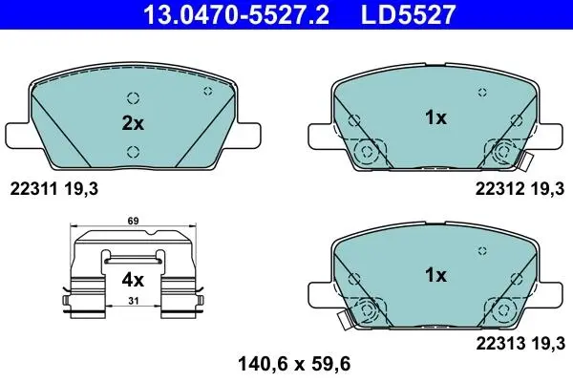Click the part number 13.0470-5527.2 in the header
(x=237, y=14)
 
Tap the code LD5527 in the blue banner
(x=409, y=14)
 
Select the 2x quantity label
(x=133, y=123)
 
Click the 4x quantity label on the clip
(x=133, y=281)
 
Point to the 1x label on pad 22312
(x=435, y=117)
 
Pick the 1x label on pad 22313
(x=435, y=275)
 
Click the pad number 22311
(x=33, y=189)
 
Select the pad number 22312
(x=499, y=189)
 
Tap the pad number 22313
(x=499, y=343)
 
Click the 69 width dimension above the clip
(x=133, y=221)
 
